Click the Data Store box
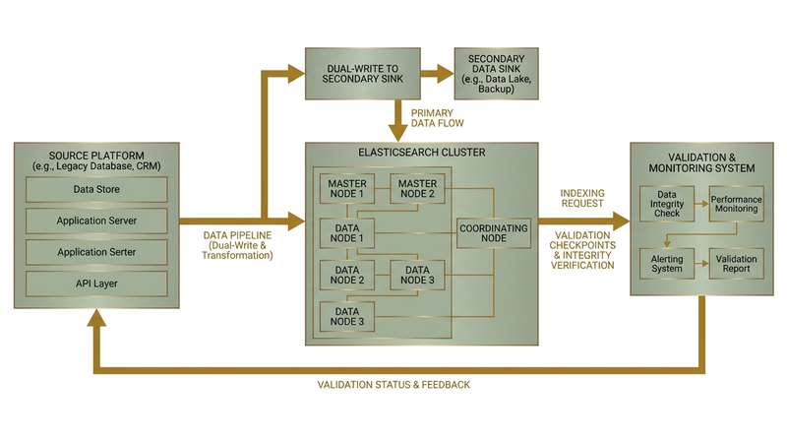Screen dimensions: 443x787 [x=96, y=190]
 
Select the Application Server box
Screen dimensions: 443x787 [x=96, y=221]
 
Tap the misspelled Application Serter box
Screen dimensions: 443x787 [x=96, y=253]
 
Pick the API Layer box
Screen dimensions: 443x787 [x=96, y=285]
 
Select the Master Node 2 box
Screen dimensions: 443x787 [x=417, y=188]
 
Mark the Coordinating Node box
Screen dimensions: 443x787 [x=493, y=233]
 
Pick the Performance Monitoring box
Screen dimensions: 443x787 [x=736, y=205]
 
